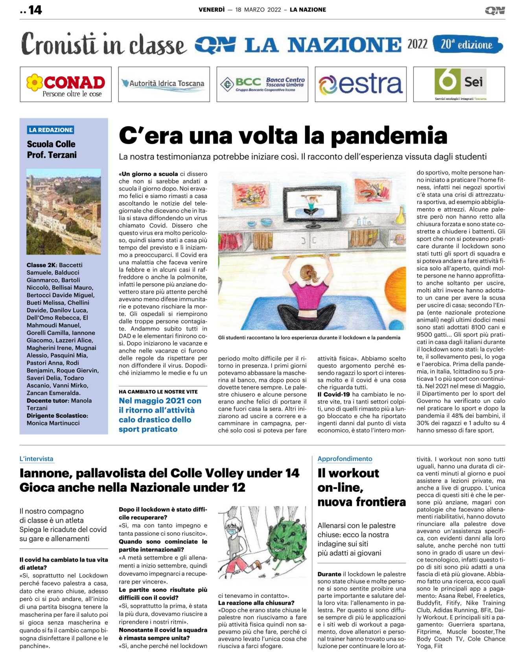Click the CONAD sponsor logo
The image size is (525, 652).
click(x=66, y=84)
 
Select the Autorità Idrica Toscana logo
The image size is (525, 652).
click(x=164, y=84)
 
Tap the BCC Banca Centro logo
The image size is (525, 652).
click(x=262, y=84)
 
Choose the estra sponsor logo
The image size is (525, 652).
click(x=361, y=84)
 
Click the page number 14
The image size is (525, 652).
click(x=35, y=10)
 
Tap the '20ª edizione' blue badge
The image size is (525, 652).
click(x=467, y=44)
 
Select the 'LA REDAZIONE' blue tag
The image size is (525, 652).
click(x=51, y=130)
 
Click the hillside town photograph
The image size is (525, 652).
click(x=64, y=211)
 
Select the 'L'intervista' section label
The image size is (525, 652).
click(x=37, y=459)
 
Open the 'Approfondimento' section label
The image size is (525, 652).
click(x=344, y=459)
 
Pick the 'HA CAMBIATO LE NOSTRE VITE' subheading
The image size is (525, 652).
click(x=158, y=392)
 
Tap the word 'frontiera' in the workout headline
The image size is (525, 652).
click(x=381, y=502)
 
